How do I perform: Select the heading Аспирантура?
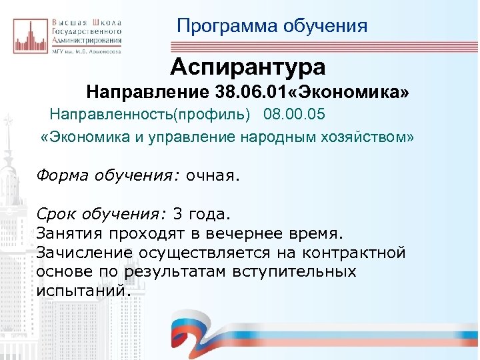tap(247, 67)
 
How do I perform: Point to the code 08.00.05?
tap(295, 115)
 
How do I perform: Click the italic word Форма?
tap(59, 176)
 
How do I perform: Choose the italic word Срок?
tap(55, 215)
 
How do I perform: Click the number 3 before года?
tap(177, 215)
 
